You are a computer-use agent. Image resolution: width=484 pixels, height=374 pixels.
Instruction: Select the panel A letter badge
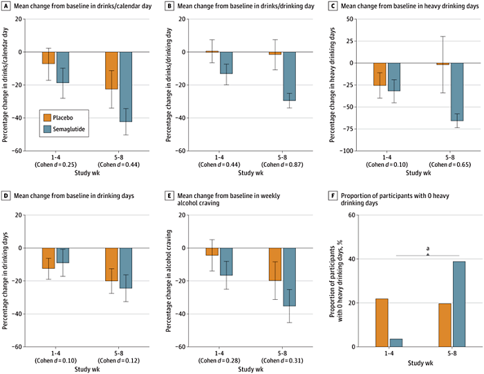(6, 6)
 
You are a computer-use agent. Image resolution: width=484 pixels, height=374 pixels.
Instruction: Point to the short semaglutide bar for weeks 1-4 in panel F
(395, 343)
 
